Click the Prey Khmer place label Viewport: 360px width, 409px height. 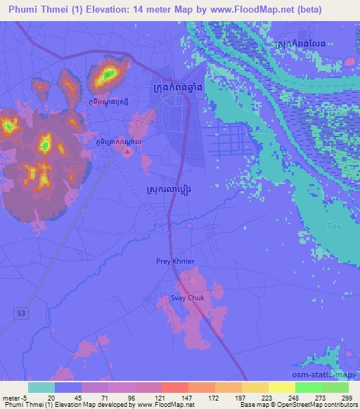click(175, 261)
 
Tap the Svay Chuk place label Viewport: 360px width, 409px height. click(188, 298)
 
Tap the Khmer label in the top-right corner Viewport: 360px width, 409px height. click(300, 44)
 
